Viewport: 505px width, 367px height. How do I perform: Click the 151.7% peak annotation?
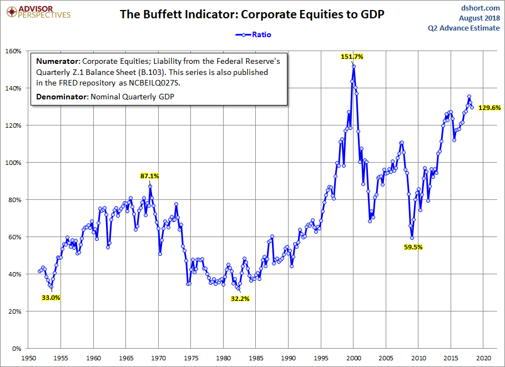click(x=352, y=57)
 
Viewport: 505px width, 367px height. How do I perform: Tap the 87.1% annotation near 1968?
click(x=149, y=176)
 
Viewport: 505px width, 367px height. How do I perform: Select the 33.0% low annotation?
click(x=51, y=298)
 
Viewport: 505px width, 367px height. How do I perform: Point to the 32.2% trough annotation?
click(x=240, y=299)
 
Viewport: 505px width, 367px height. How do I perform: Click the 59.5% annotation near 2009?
click(x=413, y=247)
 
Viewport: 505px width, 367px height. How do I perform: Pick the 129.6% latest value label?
click(x=489, y=108)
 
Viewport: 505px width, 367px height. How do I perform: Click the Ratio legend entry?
click(x=255, y=34)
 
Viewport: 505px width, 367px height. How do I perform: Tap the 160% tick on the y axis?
click(x=13, y=51)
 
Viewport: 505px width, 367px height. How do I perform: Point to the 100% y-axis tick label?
click(x=13, y=163)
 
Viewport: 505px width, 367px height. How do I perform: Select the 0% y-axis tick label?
click(x=17, y=349)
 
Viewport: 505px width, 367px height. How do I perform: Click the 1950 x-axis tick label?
click(x=28, y=358)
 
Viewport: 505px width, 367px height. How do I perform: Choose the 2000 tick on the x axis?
click(x=353, y=358)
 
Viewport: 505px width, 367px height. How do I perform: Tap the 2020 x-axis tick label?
click(x=483, y=358)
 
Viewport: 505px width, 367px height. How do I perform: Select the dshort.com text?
click(x=481, y=8)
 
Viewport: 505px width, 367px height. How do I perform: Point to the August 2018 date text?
click(x=479, y=18)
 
